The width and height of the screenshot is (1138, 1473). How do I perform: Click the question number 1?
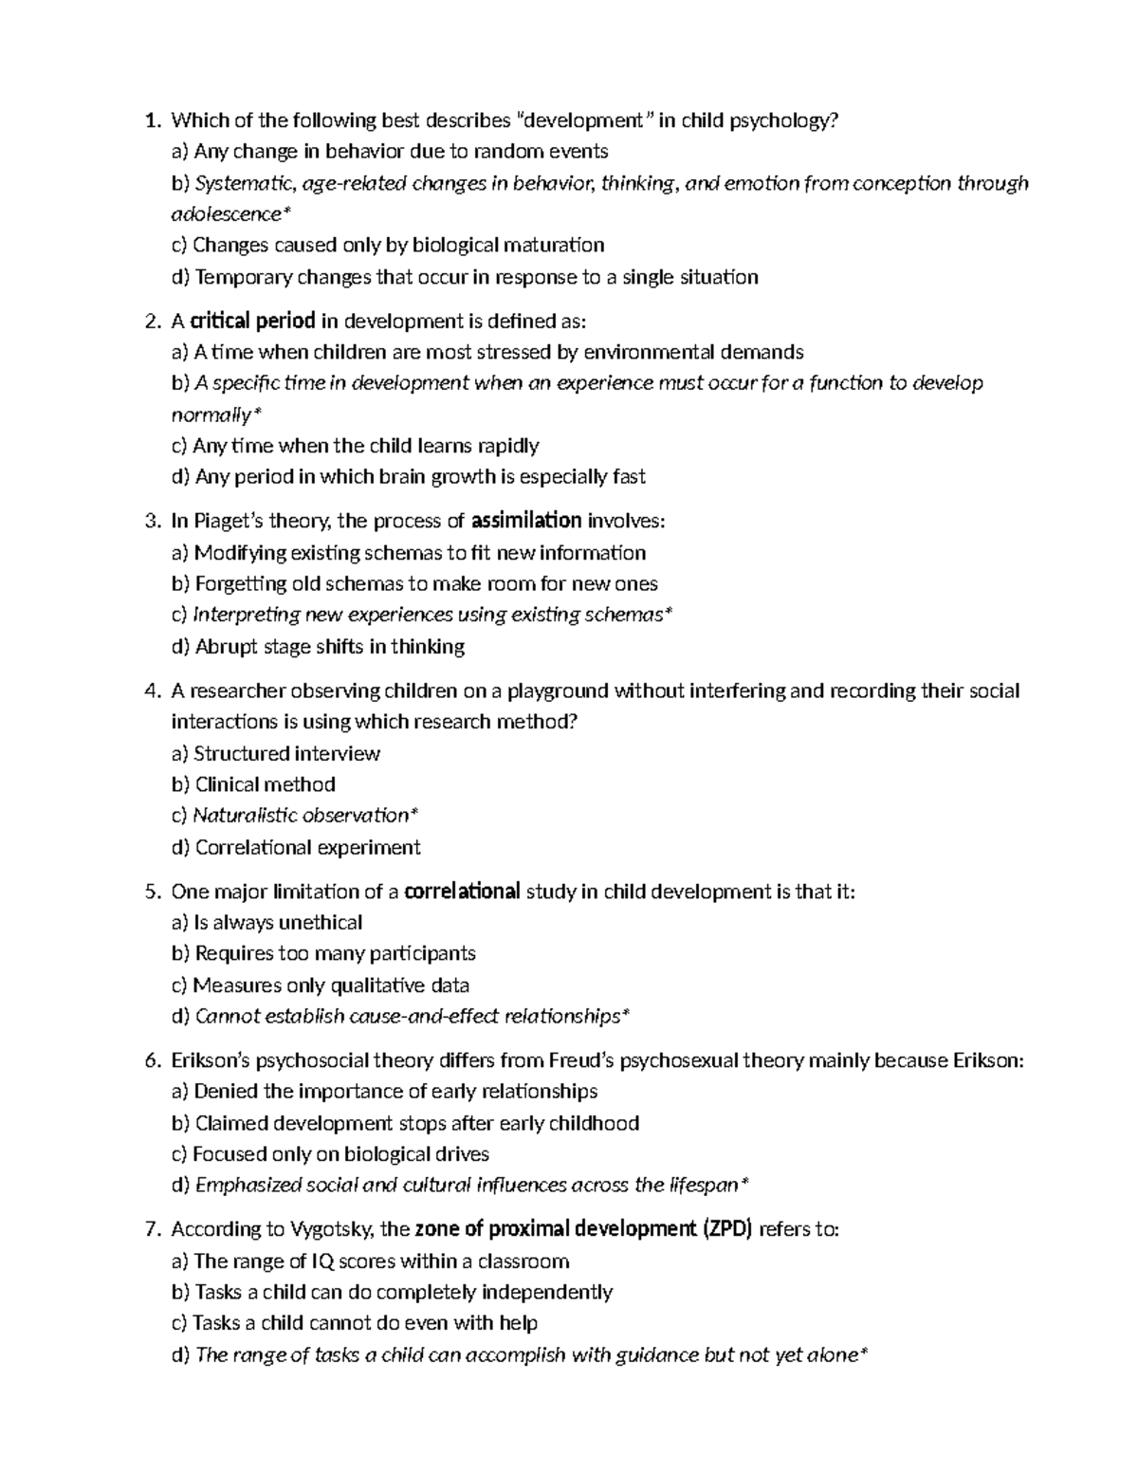(149, 120)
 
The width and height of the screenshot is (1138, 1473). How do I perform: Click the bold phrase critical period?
(253, 321)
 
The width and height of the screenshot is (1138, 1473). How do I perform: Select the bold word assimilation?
(526, 521)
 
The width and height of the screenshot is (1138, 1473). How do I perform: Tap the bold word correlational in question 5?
(462, 892)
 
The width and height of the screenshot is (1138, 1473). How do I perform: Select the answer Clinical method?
(265, 784)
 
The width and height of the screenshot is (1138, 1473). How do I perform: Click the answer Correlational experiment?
(307, 847)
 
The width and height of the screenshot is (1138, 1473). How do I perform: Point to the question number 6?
(150, 1060)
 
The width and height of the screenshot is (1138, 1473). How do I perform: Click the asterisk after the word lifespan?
(744, 1184)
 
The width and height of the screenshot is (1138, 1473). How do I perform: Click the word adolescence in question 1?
(226, 214)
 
